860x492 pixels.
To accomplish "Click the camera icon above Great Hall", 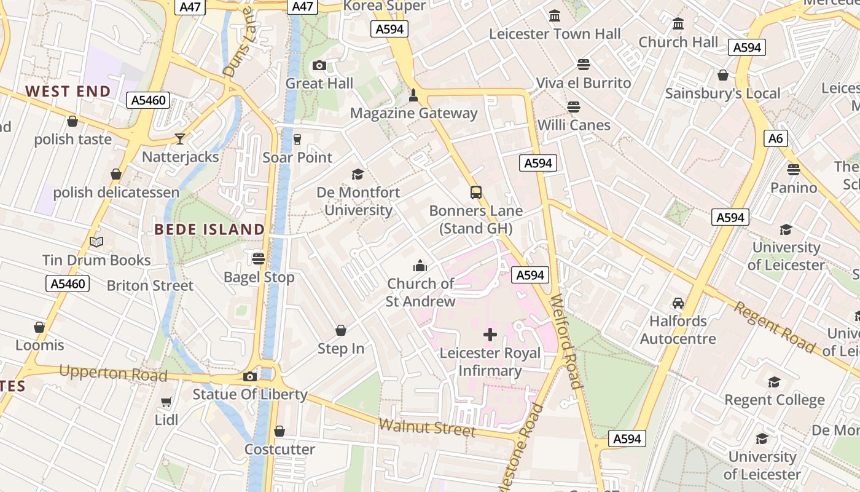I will (319, 65).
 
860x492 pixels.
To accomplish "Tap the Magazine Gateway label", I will (413, 113).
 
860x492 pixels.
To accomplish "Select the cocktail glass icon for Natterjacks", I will (180, 138).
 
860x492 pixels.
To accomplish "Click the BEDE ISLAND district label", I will (209, 229).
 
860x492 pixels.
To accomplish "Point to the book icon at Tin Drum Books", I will (96, 242).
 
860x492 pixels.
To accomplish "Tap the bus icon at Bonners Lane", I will (476, 192).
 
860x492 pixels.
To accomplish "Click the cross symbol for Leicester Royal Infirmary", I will (490, 335).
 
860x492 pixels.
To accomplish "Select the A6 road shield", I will (776, 138).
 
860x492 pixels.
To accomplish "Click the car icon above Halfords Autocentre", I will (678, 303).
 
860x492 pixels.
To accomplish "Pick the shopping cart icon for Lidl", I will (166, 402).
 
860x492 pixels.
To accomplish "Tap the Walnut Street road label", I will (427, 427).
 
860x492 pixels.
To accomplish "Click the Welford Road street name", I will (566, 342).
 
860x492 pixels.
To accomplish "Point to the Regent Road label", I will (775, 327).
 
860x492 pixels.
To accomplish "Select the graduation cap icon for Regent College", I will (774, 382).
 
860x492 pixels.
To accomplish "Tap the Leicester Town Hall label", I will (555, 34).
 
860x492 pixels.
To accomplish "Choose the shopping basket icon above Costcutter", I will (279, 431).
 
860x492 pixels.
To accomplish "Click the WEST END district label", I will (68, 92).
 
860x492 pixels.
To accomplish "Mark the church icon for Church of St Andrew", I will (420, 266).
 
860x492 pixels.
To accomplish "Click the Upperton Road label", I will (113, 373).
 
